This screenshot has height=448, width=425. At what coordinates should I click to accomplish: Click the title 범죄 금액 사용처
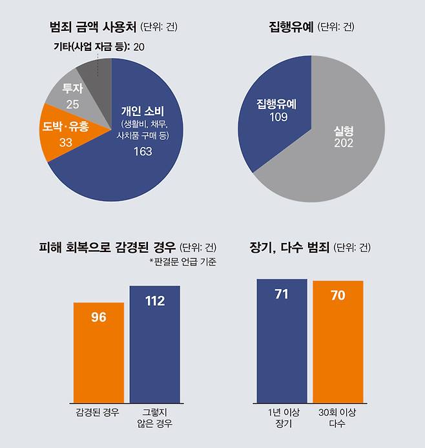pos(94,27)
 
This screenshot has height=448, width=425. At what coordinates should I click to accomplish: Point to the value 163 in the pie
pos(142,151)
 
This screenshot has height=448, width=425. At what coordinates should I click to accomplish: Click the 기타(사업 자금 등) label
pos(90,46)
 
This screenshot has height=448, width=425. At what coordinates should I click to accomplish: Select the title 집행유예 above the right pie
pos(291,27)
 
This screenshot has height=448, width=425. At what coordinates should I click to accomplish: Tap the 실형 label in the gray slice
pos(343,130)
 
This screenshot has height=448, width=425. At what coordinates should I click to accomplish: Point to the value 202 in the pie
pos(343,142)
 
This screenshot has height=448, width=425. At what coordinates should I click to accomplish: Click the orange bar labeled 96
pos(99,352)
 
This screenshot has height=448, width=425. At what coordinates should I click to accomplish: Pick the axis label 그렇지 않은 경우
pos(154,417)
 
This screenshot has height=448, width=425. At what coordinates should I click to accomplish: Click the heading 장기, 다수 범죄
pos(289,248)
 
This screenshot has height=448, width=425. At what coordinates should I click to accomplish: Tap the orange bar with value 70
pos(338,342)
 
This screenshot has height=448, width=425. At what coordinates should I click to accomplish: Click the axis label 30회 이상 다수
pos(338,417)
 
